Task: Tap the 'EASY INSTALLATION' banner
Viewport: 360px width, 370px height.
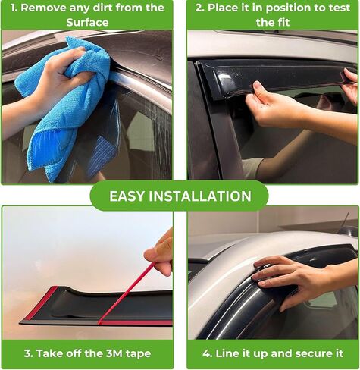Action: pos(180,196)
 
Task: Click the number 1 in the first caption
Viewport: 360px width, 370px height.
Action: pos(14,8)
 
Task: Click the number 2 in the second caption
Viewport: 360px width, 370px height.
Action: pos(199,8)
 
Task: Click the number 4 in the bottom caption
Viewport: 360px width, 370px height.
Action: pos(206,353)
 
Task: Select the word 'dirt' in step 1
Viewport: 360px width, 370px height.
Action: pos(114,8)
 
